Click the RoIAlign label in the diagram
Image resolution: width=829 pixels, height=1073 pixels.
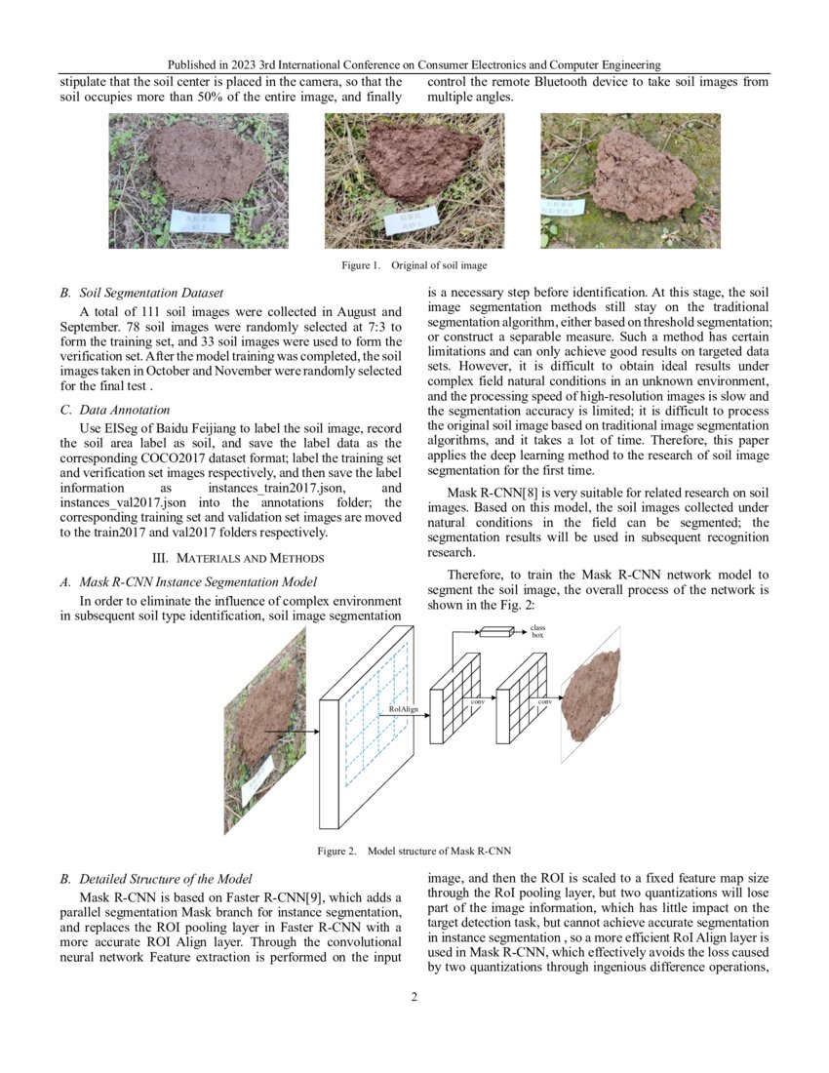coord(403,709)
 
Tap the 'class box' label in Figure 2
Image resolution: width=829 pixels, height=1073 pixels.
coord(537,631)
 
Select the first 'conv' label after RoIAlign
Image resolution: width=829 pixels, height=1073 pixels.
coord(478,701)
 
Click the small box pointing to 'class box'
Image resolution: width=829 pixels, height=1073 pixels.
coord(495,632)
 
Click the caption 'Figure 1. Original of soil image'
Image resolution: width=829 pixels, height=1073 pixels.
coord(414,265)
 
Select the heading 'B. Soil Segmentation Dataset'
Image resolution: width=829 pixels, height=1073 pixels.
coord(141,293)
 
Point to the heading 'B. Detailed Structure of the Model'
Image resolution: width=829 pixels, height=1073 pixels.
coord(156,879)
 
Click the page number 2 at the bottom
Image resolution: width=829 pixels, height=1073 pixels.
coord(414,998)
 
